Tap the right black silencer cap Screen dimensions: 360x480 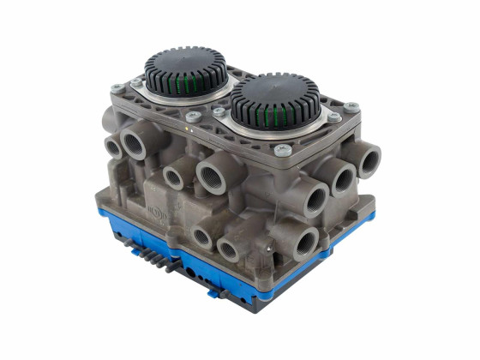point(275,93)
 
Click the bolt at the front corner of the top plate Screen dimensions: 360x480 point(279,150)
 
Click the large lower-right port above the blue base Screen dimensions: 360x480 point(306,243)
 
